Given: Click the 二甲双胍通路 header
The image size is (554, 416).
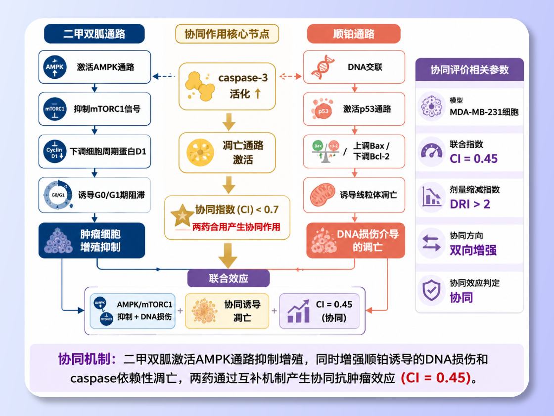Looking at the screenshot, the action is pos(94,34).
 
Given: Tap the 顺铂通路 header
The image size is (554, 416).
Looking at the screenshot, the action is pos(354,34).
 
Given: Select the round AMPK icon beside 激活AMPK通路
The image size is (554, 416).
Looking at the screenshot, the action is pos(55,67).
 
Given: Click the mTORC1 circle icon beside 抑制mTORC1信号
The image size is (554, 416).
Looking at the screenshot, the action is pos(55,109).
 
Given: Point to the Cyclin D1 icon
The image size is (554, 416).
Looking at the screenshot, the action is pos(55,152).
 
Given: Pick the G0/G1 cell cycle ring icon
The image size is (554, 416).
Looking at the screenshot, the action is pos(58,195).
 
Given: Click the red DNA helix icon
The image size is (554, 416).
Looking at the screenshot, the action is pos(323,67).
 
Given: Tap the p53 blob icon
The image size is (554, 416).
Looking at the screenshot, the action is pos(322,109).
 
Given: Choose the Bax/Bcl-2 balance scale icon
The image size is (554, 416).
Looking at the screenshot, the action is pos(326,152).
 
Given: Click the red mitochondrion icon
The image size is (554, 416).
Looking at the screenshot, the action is pos(323,195).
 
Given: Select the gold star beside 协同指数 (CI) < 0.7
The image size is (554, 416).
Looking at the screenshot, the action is pos(182,215).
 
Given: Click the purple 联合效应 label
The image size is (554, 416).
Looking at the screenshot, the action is pos(229,278).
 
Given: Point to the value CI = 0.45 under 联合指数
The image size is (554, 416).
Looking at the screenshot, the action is pos(473,159).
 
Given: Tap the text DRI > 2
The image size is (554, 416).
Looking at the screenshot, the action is pos(470,204).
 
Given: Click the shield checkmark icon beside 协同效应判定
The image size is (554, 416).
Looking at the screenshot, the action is pos(431,290).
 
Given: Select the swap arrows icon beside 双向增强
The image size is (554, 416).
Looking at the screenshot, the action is pos(431,243).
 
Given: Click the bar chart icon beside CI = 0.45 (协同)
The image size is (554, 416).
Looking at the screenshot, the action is pos(299,312).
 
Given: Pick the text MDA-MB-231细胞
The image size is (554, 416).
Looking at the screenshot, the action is pos(484,112).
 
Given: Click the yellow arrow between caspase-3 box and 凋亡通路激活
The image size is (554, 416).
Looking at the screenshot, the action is pos(229,122).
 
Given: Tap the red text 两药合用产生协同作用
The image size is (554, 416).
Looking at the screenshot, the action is pos(236,227).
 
